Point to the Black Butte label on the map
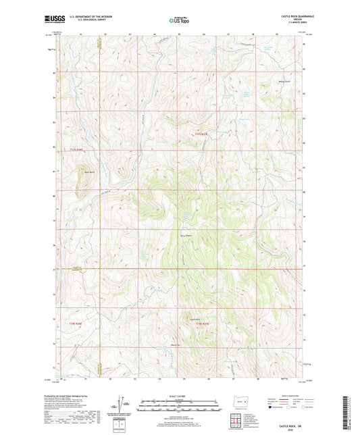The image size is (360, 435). coord(88,173)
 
